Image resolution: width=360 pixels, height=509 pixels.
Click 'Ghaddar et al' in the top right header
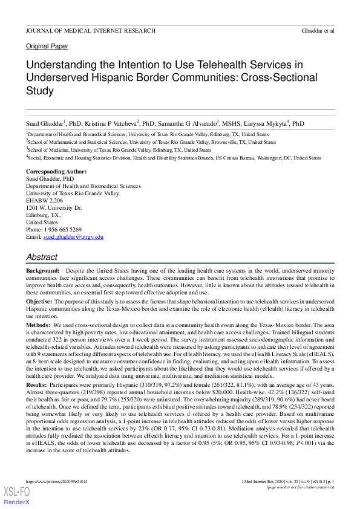(318, 30)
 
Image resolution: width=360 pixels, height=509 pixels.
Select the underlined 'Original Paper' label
(47, 47)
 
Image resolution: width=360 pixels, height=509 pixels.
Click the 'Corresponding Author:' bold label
(56, 172)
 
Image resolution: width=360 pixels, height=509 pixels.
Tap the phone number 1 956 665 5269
(64, 230)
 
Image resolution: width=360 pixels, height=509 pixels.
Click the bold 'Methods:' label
(39, 325)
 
